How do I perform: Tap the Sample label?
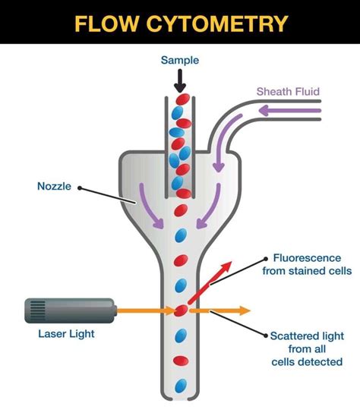pyautogui.click(x=180, y=60)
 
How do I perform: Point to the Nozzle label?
pyautogui.click(x=55, y=184)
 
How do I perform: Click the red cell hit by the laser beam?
pyautogui.click(x=181, y=310)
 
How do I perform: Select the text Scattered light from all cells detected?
pyautogui.click(x=305, y=348)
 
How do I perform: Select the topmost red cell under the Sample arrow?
pyautogui.click(x=181, y=99)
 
